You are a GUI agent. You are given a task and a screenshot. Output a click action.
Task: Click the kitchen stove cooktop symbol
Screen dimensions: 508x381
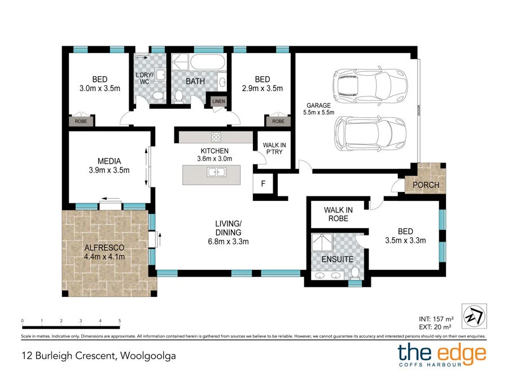[216, 137]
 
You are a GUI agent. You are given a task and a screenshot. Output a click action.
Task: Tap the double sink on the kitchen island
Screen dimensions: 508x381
[216, 172]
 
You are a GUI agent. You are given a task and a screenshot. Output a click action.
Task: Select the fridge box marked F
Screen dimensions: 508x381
[263, 183]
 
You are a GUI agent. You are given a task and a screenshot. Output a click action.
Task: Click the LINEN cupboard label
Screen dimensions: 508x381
[218, 102]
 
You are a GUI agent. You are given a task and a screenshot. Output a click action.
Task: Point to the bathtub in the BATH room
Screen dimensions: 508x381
[207, 62]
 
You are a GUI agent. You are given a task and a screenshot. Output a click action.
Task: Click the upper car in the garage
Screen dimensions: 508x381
[370, 86]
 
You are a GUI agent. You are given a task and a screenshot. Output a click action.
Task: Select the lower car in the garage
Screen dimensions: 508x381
[370, 134]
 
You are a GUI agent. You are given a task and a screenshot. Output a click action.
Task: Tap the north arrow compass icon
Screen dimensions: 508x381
[474, 316]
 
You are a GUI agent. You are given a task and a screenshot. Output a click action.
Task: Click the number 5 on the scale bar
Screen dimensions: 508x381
[120, 321]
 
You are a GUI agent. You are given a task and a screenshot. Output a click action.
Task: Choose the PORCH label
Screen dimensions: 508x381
[426, 185]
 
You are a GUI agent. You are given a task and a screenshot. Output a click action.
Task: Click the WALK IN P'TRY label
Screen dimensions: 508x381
[274, 148]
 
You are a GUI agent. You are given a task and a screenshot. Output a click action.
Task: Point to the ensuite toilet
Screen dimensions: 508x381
[355, 273]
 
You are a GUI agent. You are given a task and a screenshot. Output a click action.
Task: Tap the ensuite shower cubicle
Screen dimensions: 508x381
[322, 242]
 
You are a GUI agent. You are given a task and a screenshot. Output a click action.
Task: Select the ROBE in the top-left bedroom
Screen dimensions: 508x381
[81, 121]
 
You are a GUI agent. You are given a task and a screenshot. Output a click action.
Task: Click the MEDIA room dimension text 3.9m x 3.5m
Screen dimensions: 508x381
[109, 170]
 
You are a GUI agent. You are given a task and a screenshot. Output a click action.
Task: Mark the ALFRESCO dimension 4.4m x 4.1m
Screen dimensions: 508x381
[104, 257]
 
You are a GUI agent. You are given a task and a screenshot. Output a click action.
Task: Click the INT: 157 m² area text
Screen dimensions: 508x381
[436, 319]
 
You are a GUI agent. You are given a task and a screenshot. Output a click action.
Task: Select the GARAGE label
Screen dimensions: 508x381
[318, 106]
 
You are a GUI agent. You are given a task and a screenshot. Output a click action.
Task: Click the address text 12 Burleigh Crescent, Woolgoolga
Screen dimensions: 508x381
[99, 356]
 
